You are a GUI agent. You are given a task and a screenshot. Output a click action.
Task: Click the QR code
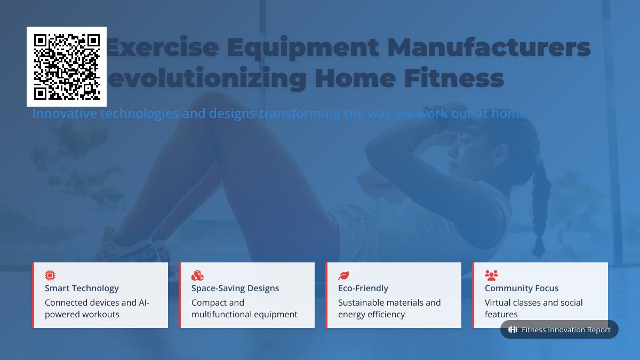[67, 67]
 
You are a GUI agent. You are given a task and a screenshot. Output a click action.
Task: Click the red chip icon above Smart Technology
[50, 275]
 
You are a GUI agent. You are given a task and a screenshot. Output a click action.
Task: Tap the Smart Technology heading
[82, 288]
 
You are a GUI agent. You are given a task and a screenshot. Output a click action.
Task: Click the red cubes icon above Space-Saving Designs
[197, 275]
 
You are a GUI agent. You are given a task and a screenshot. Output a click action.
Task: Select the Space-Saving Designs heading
[235, 288]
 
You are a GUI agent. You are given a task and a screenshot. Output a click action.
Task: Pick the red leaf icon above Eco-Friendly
[343, 275]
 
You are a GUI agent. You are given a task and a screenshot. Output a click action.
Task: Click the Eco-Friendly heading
[363, 288]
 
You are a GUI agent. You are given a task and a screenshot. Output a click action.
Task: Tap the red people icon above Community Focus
[491, 275]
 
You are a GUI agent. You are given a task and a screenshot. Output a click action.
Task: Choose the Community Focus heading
[522, 288]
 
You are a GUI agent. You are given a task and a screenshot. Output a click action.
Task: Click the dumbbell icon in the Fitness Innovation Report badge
[513, 330]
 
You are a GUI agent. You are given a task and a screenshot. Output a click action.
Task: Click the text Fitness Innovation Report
[566, 330]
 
